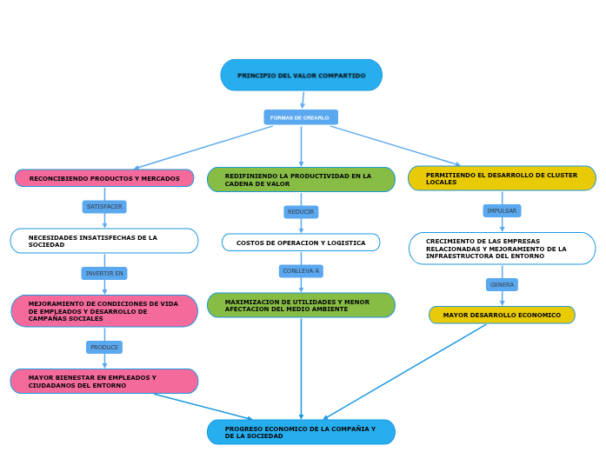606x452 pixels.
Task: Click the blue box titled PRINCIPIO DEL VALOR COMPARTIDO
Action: [301, 76]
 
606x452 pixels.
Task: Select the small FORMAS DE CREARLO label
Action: [300, 117]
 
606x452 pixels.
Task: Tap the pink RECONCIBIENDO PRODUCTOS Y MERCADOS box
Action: [104, 178]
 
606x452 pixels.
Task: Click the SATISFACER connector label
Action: [104, 207]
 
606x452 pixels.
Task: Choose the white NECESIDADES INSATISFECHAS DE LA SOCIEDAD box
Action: [104, 241]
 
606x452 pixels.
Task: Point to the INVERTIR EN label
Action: [104, 273]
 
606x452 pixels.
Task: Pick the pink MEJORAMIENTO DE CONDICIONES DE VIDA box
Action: [104, 311]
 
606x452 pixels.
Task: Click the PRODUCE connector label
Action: [104, 347]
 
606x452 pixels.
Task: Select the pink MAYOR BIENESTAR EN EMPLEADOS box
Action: [104, 382]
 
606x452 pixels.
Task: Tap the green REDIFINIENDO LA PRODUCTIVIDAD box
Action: [301, 180]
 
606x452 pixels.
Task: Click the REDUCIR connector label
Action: [301, 212]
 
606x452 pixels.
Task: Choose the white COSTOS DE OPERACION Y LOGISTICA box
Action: [301, 243]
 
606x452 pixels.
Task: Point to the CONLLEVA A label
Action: [301, 271]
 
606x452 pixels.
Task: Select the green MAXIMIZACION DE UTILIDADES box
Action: [301, 305]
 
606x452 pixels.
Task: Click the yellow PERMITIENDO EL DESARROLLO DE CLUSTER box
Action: [502, 178]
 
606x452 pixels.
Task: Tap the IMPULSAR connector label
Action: [502, 210]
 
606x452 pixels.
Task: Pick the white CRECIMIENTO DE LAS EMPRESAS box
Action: [502, 249]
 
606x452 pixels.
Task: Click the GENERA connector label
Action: [502, 284]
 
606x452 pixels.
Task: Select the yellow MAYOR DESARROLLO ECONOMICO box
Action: [502, 315]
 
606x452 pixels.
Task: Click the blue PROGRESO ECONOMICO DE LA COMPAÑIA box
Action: [301, 432]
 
